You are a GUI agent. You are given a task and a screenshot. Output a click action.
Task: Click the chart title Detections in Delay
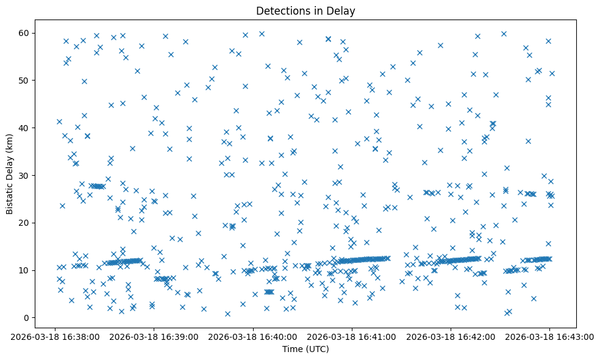click(305, 11)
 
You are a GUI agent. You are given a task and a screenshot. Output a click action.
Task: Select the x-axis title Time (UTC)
click(305, 349)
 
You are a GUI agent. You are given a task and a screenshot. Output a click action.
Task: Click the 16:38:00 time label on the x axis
click(55, 336)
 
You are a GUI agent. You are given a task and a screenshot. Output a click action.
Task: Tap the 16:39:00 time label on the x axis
click(154, 336)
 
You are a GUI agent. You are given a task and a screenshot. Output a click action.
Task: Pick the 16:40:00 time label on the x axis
click(252, 336)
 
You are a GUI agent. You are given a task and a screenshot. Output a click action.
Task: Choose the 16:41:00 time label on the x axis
click(352, 336)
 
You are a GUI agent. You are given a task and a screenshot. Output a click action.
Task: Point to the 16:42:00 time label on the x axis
click(451, 336)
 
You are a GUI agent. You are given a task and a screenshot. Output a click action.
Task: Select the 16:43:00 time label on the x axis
click(549, 336)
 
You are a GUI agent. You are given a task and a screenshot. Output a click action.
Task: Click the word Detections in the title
click(282, 11)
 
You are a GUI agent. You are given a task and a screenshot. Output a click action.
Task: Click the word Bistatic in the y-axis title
click(10, 193)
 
